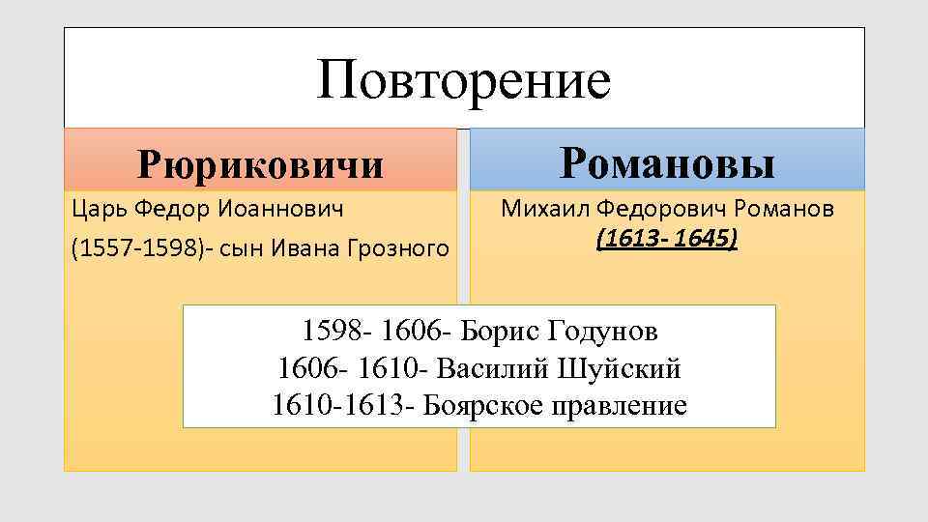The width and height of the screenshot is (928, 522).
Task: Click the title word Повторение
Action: pyautogui.click(x=463, y=79)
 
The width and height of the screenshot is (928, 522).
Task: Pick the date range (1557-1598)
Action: pyautogui.click(x=124, y=248)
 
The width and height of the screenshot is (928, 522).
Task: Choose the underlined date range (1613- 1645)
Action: pyautogui.click(x=667, y=237)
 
